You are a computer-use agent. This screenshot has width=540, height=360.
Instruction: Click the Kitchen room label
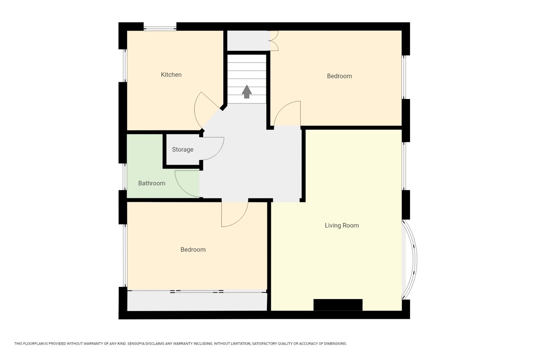point(171,75)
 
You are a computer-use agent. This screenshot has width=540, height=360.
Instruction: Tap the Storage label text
point(182,150)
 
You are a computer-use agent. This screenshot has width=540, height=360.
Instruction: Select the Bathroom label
point(152,183)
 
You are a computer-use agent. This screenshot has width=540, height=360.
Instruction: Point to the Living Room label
point(342,226)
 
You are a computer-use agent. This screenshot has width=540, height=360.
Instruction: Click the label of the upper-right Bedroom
point(339,76)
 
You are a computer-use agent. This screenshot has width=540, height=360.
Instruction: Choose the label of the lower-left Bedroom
point(193,250)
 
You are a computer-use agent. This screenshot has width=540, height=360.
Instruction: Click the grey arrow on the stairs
point(247,92)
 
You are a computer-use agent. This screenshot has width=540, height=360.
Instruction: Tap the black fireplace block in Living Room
point(338,305)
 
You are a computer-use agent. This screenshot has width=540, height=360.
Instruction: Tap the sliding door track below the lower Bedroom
point(197,292)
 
